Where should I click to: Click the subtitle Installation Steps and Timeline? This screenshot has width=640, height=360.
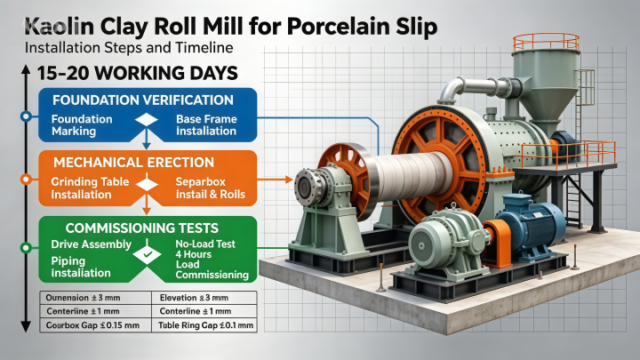point(129,48)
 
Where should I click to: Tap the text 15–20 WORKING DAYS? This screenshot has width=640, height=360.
point(138,74)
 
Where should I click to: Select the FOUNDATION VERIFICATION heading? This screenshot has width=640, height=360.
point(143,100)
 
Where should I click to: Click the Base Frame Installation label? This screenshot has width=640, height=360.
point(206,125)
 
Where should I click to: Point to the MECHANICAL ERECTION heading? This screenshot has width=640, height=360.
point(133,163)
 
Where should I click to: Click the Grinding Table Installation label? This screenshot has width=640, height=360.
point(90,188)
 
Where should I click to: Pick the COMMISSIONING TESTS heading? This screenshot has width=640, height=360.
point(142,228)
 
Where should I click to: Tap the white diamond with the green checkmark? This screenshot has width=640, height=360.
point(147,254)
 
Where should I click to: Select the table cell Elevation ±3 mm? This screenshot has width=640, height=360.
point(194,298)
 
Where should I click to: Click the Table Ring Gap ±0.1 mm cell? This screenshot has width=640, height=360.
point(205,325)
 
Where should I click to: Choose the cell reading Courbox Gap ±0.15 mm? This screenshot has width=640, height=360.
point(92,325)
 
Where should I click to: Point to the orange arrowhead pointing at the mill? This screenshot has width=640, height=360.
point(289,180)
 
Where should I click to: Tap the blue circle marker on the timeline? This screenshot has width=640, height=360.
point(26,116)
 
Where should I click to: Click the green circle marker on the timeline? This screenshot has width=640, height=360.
point(26,247)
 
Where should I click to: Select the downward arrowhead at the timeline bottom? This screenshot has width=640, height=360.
point(26,326)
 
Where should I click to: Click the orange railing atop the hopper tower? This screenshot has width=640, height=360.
point(546,42)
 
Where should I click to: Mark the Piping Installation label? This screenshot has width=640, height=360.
point(81,267)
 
